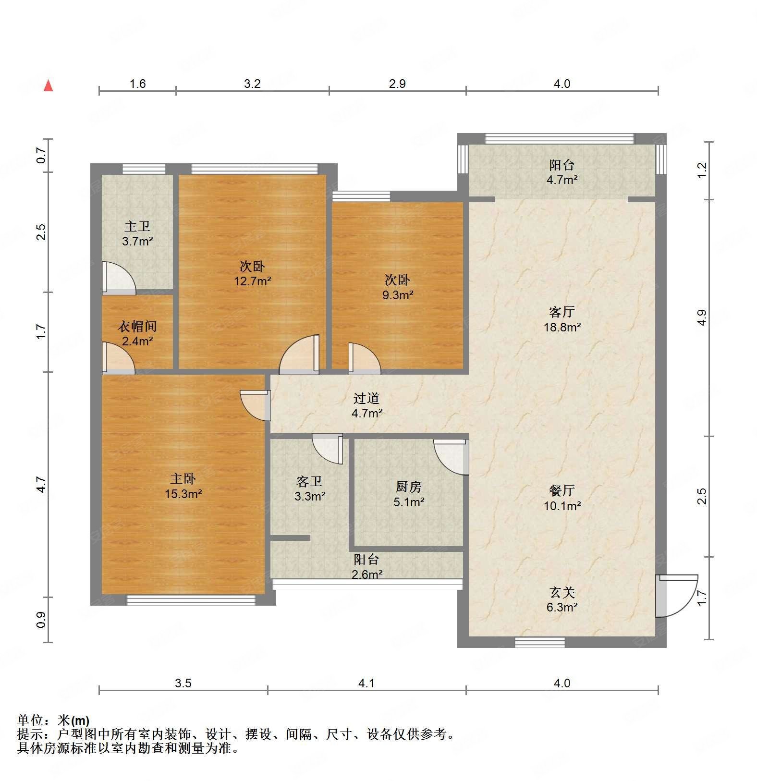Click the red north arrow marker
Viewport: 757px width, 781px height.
[x=48, y=86]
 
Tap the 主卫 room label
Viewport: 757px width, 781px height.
[x=137, y=226]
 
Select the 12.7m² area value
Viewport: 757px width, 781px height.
[x=252, y=281]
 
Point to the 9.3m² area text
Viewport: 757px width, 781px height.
[x=398, y=295]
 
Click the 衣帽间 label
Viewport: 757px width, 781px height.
[x=137, y=327]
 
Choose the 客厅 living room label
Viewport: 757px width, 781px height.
[x=562, y=312]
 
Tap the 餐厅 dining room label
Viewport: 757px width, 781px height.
[x=562, y=490]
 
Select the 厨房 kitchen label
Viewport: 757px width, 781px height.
[x=408, y=487]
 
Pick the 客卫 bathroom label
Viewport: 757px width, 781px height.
[x=309, y=481]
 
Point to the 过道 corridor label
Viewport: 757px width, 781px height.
[x=366, y=398]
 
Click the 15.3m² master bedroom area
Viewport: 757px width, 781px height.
[x=183, y=494]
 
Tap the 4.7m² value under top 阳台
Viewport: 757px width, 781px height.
[x=562, y=180]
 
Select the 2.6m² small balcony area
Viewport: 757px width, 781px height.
[x=366, y=574]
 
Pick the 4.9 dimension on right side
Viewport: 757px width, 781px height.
[x=702, y=318]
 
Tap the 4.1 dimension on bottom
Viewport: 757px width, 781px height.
[x=366, y=683]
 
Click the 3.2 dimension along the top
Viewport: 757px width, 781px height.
[x=252, y=84]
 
